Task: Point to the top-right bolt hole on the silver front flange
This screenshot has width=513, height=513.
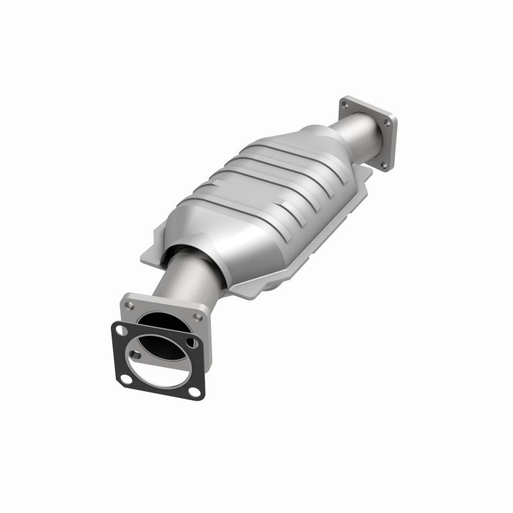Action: click(199, 317)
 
